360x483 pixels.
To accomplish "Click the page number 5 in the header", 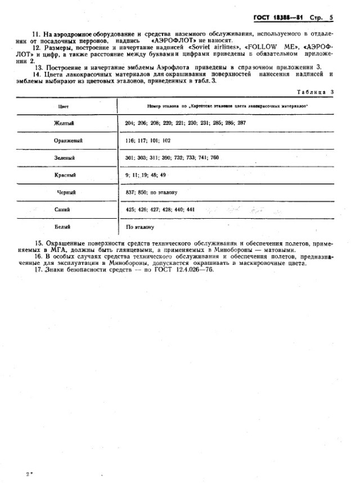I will coord(331,17).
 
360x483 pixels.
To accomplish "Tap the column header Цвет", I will coord(64,106).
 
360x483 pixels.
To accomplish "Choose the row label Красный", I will coord(66,175).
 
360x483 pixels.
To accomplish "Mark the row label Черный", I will coord(66,192).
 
